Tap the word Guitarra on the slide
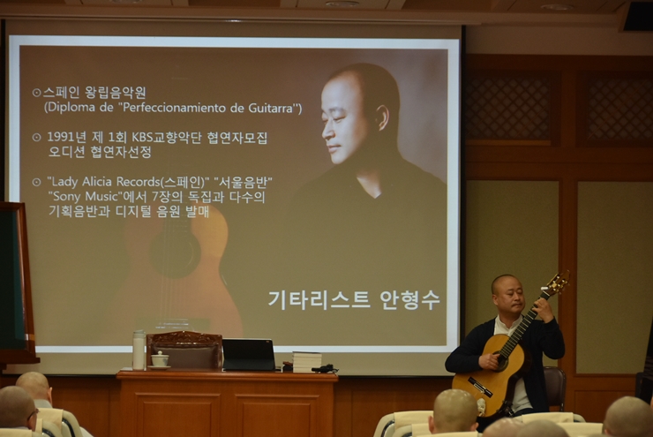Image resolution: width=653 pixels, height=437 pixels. coord(272,109)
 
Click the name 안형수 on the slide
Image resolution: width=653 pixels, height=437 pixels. coord(409,299)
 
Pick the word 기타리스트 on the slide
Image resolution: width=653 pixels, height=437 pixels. coord(319,299)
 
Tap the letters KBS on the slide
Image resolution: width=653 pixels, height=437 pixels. coord(143,137)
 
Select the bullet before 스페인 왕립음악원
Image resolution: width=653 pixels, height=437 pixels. coord(37,93)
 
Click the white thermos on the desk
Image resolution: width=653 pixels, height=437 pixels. coord(139,350)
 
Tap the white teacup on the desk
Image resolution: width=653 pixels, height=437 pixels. coord(160,359)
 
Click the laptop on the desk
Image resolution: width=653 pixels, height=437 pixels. coord(249,355)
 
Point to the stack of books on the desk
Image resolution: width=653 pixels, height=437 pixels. coord(307,362)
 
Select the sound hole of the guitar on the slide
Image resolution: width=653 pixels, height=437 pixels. coord(175,252)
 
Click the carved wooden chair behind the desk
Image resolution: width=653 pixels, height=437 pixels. coord(184,350)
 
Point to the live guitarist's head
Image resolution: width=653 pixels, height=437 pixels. coord(507,294)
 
